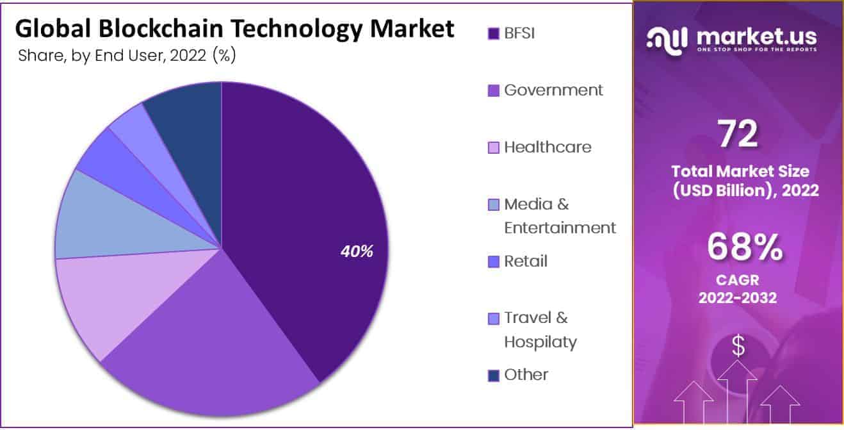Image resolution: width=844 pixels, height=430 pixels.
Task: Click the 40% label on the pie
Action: (x=357, y=252)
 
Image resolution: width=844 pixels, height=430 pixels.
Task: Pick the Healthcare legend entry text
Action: (x=548, y=147)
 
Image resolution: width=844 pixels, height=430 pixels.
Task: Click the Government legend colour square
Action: (x=493, y=91)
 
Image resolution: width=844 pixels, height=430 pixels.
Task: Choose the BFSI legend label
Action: (x=519, y=33)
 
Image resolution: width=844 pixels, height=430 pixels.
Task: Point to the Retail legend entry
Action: (x=526, y=261)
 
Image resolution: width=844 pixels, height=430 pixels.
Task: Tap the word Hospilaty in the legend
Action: (x=540, y=342)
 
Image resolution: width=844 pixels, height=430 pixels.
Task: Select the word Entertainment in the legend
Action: (x=560, y=227)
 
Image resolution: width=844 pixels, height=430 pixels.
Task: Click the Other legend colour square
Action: (x=493, y=376)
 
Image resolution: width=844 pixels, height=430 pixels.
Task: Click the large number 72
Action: (x=738, y=135)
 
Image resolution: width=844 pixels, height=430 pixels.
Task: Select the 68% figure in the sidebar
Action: (x=745, y=247)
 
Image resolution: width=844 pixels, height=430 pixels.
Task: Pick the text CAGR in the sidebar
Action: (x=738, y=281)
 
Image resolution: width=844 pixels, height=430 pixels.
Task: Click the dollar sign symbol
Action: (x=738, y=347)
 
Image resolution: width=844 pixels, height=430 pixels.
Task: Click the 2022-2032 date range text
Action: (x=738, y=298)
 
